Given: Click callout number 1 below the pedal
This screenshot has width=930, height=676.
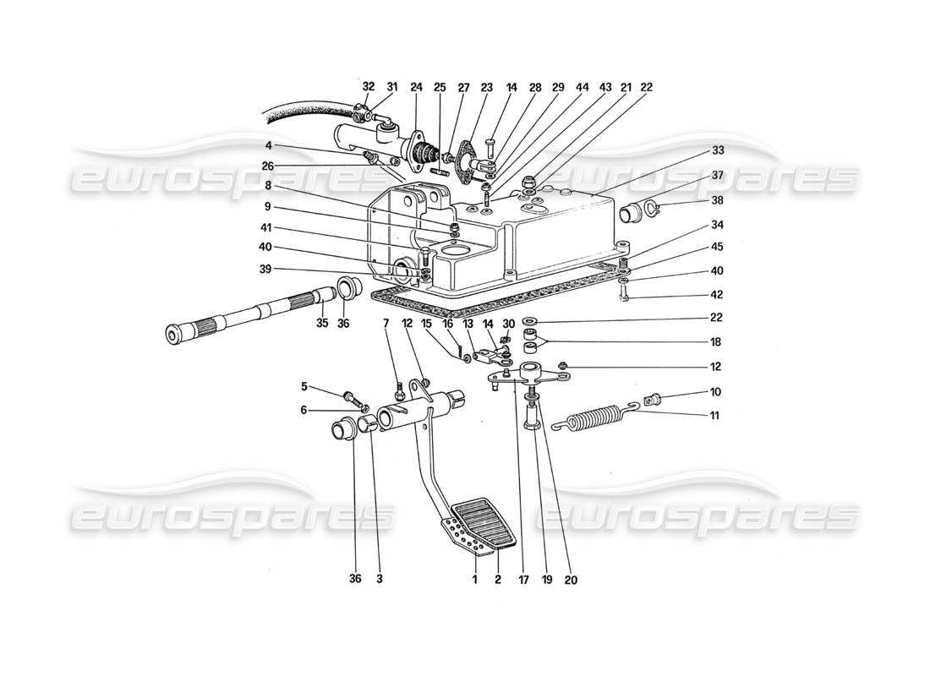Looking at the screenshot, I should pos(475,580).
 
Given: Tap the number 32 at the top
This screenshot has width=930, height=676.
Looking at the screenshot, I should pos(368,86).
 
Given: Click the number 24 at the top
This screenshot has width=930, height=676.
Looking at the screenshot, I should pos(416,86).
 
